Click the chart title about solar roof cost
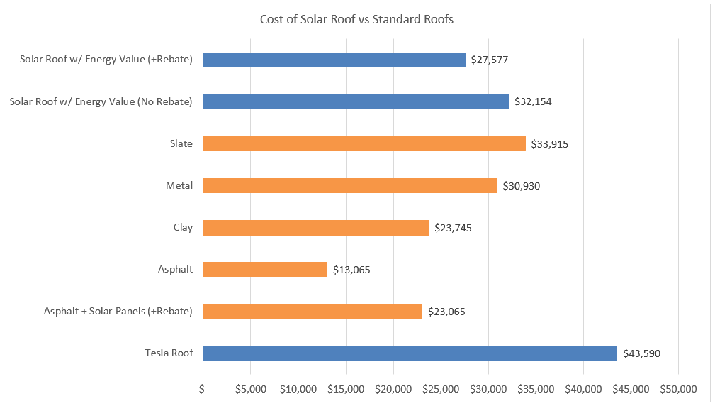pyautogui.click(x=356, y=20)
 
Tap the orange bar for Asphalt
pyautogui.click(x=265, y=270)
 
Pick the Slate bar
pyautogui.click(x=364, y=144)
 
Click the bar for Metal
pyautogui.click(x=350, y=186)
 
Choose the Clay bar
pyautogui.click(x=316, y=228)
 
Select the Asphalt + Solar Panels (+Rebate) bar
pyautogui.click(x=313, y=312)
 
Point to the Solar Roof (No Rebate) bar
pyautogui.click(x=356, y=102)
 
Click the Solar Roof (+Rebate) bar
pyautogui.click(x=334, y=60)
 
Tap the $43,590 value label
pyautogui.click(x=642, y=353)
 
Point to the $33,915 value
pyautogui.click(x=549, y=144)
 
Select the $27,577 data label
pyautogui.click(x=489, y=60)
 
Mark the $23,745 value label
pyautogui.click(x=452, y=228)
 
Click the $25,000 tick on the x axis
pyautogui.click(x=441, y=389)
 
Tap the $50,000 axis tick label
pyautogui.click(x=678, y=389)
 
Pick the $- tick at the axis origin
pyautogui.click(x=203, y=389)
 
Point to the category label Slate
pyautogui.click(x=181, y=144)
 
